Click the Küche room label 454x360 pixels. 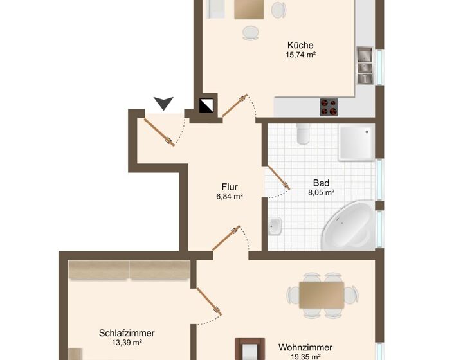point(300,45)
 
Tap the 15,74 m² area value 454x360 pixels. point(300,55)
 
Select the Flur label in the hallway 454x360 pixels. point(230,186)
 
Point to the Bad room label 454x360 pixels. point(321,183)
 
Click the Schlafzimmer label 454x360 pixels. point(127,333)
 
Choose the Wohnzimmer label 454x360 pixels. point(305,347)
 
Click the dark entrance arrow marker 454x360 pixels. point(163,104)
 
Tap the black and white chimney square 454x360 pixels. point(206,105)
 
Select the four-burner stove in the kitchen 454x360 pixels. point(329,107)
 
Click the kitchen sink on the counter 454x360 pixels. point(365,65)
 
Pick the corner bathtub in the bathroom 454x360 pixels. point(349,226)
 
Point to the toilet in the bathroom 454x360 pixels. point(303,134)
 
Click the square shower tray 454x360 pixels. point(357,143)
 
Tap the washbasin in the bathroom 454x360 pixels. point(275,226)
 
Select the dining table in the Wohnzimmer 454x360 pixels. point(322,295)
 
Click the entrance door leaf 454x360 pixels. point(159,132)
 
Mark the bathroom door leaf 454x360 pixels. point(279,177)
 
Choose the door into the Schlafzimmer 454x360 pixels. point(210,301)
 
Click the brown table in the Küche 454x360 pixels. point(249,9)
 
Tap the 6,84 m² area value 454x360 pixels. point(230,197)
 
